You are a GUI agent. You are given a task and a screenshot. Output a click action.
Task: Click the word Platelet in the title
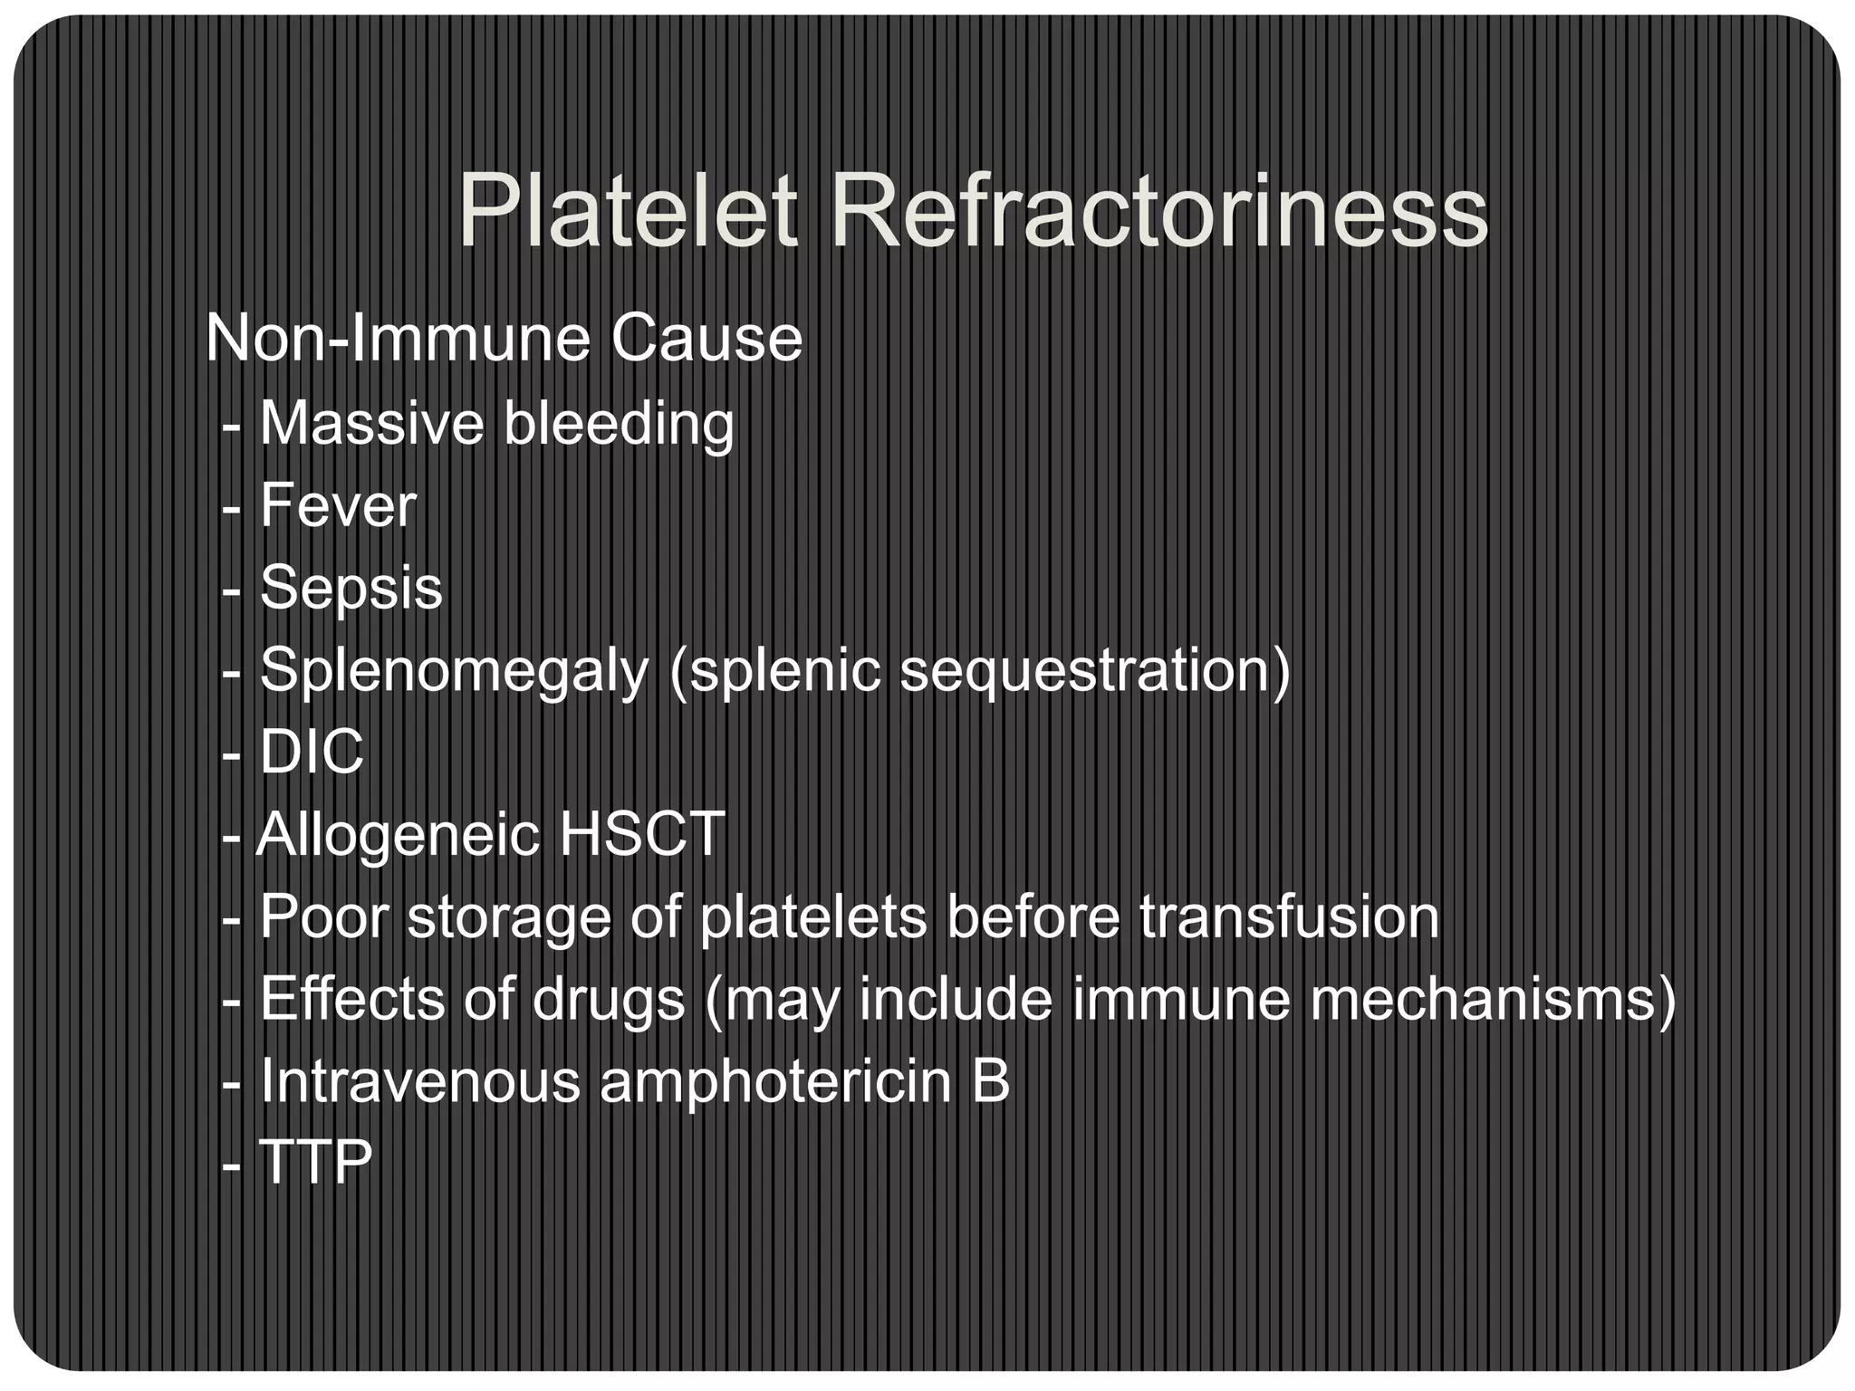pos(627,213)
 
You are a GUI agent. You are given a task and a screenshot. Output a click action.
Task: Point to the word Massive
pos(371,423)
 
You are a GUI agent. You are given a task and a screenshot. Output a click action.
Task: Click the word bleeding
pos(619,423)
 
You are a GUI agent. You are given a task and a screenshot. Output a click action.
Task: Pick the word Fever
pos(338,505)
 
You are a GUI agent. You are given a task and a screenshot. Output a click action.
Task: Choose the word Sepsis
pos(351,589)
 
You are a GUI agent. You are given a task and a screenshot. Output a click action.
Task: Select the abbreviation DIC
pos(312,752)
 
